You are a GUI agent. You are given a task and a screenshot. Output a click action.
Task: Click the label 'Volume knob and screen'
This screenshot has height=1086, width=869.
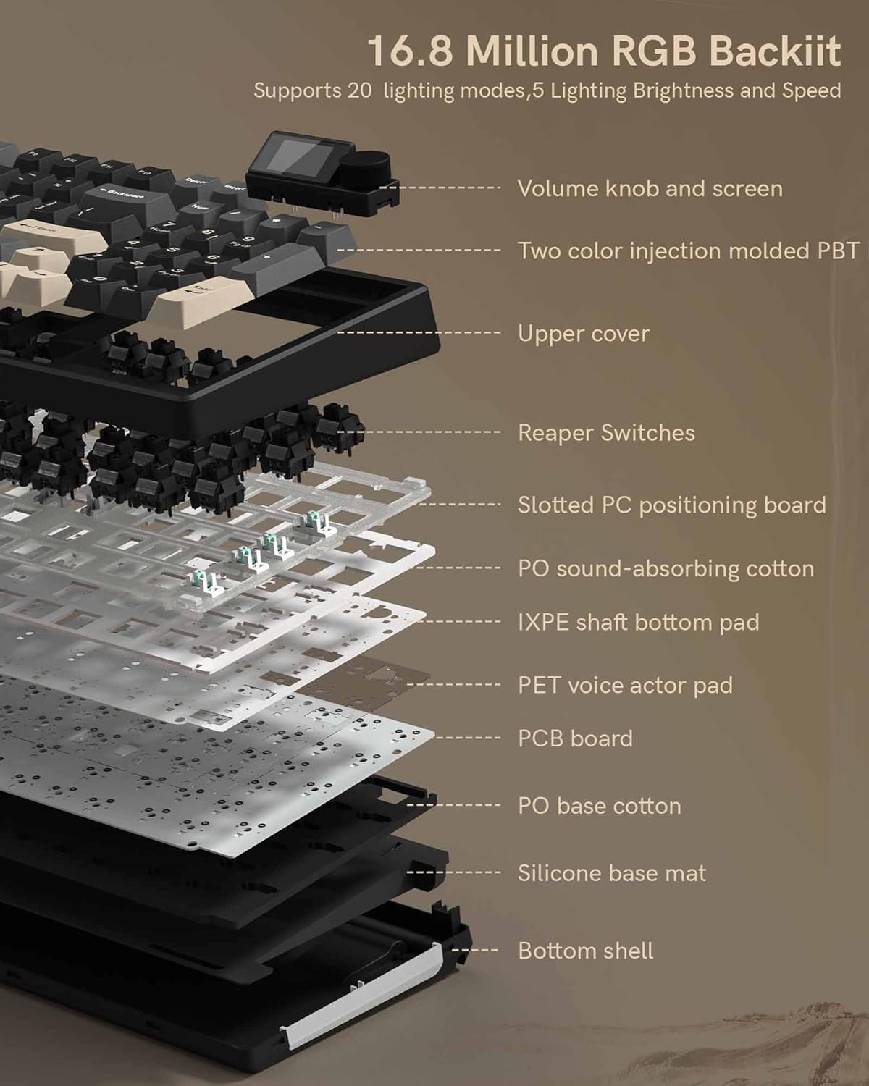[650, 188]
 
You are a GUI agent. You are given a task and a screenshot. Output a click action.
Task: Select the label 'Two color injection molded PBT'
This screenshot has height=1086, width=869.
[688, 251]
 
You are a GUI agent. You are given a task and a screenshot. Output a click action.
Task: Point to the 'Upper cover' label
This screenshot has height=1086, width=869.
[583, 333]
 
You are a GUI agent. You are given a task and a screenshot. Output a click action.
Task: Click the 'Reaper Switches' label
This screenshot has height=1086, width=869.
[606, 432]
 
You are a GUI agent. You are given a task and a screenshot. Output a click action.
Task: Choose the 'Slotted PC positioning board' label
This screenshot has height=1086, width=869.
[671, 505]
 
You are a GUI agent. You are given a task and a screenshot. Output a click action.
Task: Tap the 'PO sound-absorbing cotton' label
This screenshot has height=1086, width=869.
[666, 568]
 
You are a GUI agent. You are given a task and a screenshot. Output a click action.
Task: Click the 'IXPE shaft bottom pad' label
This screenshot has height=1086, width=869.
[638, 622]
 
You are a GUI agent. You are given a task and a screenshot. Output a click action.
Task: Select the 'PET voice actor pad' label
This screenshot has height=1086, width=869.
[625, 685]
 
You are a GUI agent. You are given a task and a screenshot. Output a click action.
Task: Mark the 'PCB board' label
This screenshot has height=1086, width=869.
[575, 738]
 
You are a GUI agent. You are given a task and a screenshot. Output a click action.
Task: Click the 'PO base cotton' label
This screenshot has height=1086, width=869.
[599, 805]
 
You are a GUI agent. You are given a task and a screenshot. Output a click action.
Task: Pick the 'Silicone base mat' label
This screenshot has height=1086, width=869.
[611, 872]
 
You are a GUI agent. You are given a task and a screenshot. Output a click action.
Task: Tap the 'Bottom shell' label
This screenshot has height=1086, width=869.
[585, 950]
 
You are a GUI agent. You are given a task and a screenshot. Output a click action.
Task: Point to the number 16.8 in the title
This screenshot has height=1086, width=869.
[411, 51]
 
